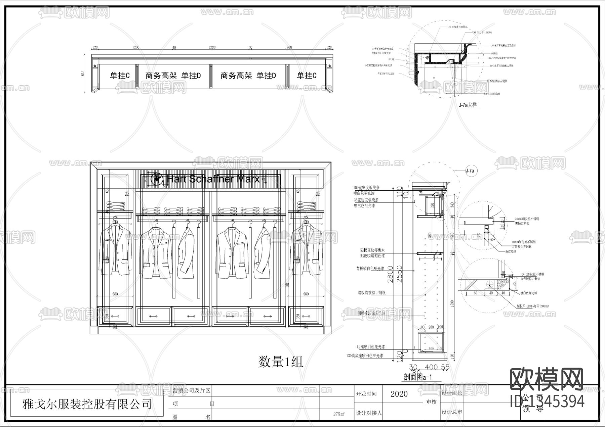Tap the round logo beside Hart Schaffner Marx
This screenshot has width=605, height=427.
tap(156, 179)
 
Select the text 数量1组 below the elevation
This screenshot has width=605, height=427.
tap(281, 362)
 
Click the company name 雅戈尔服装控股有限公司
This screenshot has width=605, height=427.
tap(87, 404)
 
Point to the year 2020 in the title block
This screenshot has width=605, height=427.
tap(399, 394)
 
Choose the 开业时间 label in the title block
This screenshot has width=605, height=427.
tap(366, 394)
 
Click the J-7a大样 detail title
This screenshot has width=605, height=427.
tap(468, 105)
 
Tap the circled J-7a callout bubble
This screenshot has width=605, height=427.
tap(470, 171)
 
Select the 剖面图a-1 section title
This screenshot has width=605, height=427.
tap(418, 377)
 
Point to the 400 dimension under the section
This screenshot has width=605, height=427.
tap(431, 367)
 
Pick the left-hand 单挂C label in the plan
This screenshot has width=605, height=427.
tap(120, 76)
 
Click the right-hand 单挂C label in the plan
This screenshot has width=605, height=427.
tap(306, 76)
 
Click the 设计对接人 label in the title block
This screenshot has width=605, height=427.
tap(369, 413)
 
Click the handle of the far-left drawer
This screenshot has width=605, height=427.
tap(115, 316)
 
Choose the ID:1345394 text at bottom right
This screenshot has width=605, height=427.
tap(547, 401)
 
